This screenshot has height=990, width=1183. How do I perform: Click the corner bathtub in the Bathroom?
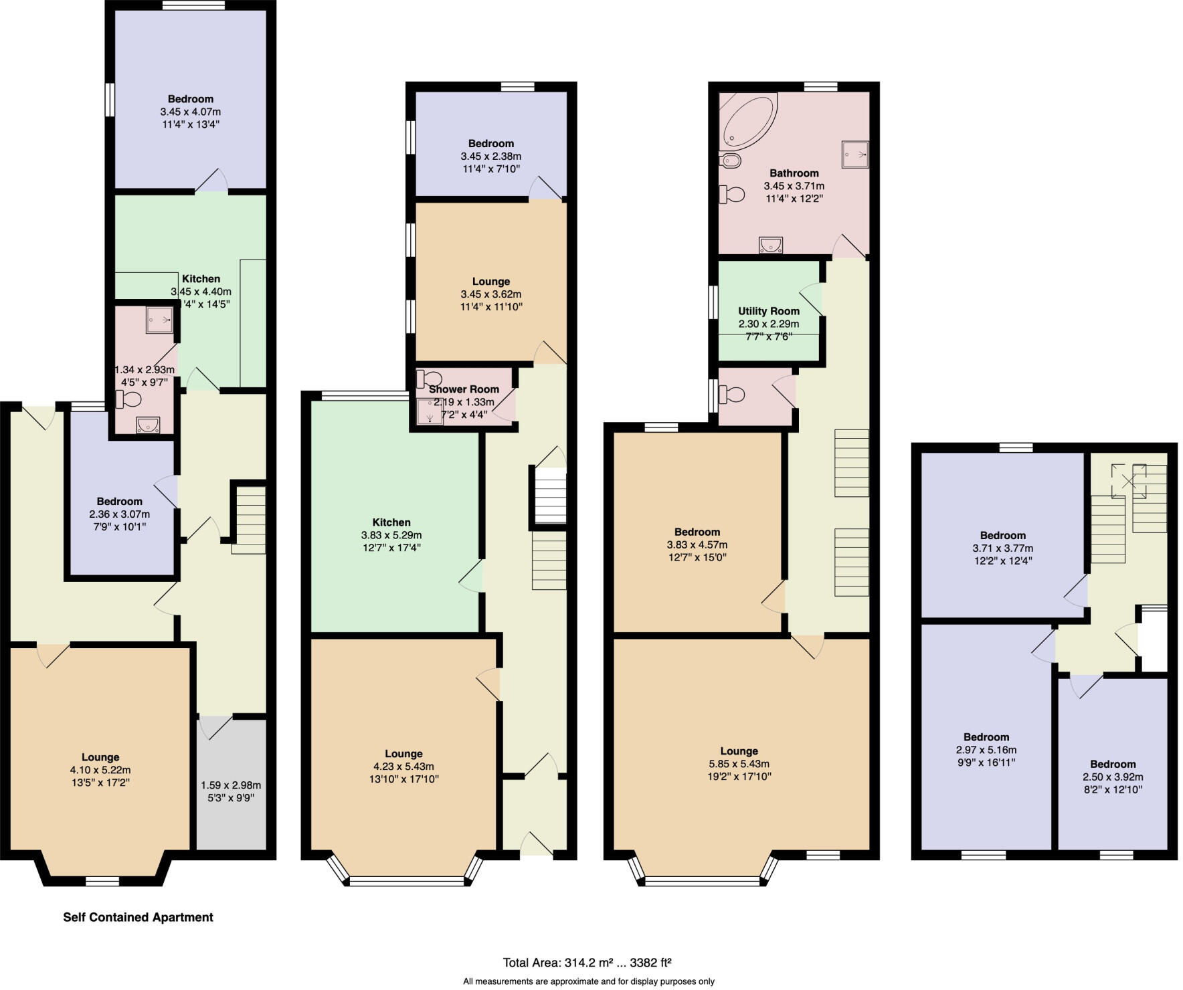point(746,121)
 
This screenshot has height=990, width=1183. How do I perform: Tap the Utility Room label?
point(769,311)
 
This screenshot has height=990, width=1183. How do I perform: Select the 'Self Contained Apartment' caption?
point(138,917)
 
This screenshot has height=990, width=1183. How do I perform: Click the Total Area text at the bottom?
point(587,963)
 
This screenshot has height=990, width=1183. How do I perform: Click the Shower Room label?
point(464,389)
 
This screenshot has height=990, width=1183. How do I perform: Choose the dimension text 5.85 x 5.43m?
point(739,764)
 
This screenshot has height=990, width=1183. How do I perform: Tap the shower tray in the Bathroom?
point(854,155)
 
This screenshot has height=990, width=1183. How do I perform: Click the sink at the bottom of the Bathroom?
point(771,245)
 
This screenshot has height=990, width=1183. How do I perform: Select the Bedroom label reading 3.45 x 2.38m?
point(491,143)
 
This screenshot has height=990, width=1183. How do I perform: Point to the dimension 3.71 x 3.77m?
point(1002,548)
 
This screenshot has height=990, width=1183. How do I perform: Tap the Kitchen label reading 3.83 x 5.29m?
point(391,522)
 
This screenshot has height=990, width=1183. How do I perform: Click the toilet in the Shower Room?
point(428,379)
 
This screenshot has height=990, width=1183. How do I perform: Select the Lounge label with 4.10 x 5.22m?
point(100,757)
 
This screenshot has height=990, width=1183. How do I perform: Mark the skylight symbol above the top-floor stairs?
point(1129,481)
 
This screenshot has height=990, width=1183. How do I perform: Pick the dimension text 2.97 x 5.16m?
point(986,750)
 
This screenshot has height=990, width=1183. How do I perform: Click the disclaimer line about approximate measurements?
point(589,981)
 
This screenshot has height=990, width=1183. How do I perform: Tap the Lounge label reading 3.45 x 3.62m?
point(490,282)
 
